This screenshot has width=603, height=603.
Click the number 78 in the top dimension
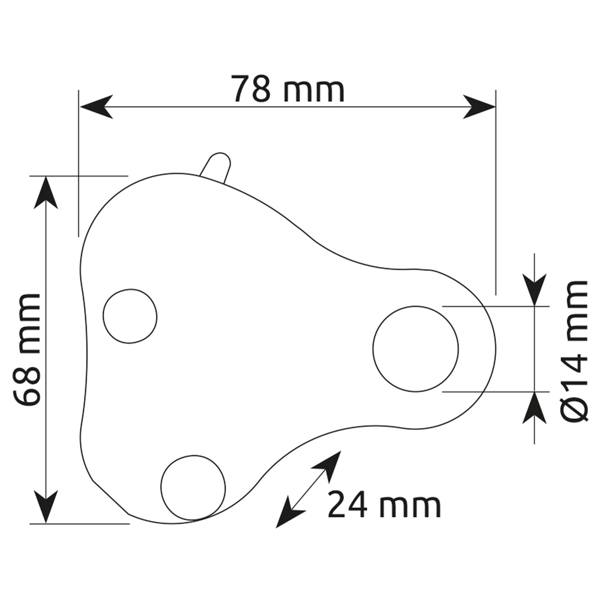tap(252, 89)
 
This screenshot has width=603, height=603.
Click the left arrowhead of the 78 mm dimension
tap(97, 107)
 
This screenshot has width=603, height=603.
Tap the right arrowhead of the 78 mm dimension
tap(479, 107)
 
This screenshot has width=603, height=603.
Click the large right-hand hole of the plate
tap(415, 349)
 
